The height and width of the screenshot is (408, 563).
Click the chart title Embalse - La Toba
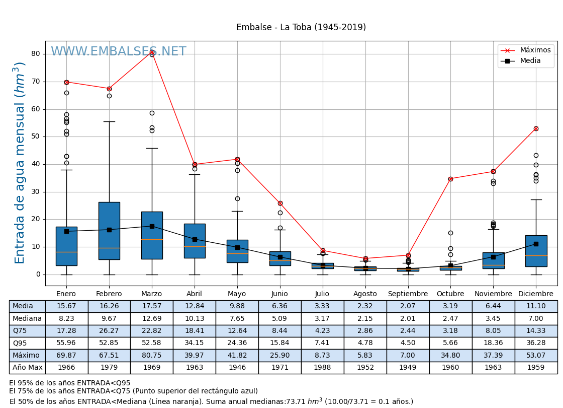point(301,28)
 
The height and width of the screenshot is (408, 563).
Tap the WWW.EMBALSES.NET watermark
point(118,52)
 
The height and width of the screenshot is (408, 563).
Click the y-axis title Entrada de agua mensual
point(20,163)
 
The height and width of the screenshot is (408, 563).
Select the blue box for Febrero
point(109,231)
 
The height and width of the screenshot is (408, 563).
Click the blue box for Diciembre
point(536,251)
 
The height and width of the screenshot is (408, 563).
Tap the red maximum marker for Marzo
point(152,52)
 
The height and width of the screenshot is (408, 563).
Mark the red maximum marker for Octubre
point(450,179)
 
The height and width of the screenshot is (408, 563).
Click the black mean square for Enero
point(66,231)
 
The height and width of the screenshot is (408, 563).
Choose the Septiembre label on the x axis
point(408,294)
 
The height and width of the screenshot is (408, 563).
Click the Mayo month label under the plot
point(237,294)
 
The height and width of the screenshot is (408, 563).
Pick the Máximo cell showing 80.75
point(151,355)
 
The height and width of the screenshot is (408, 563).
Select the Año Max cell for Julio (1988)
point(322,368)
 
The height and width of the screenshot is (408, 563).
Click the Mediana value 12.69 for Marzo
point(151,318)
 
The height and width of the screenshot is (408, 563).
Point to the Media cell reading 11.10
point(536,306)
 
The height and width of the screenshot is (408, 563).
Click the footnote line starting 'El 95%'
point(69,383)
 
